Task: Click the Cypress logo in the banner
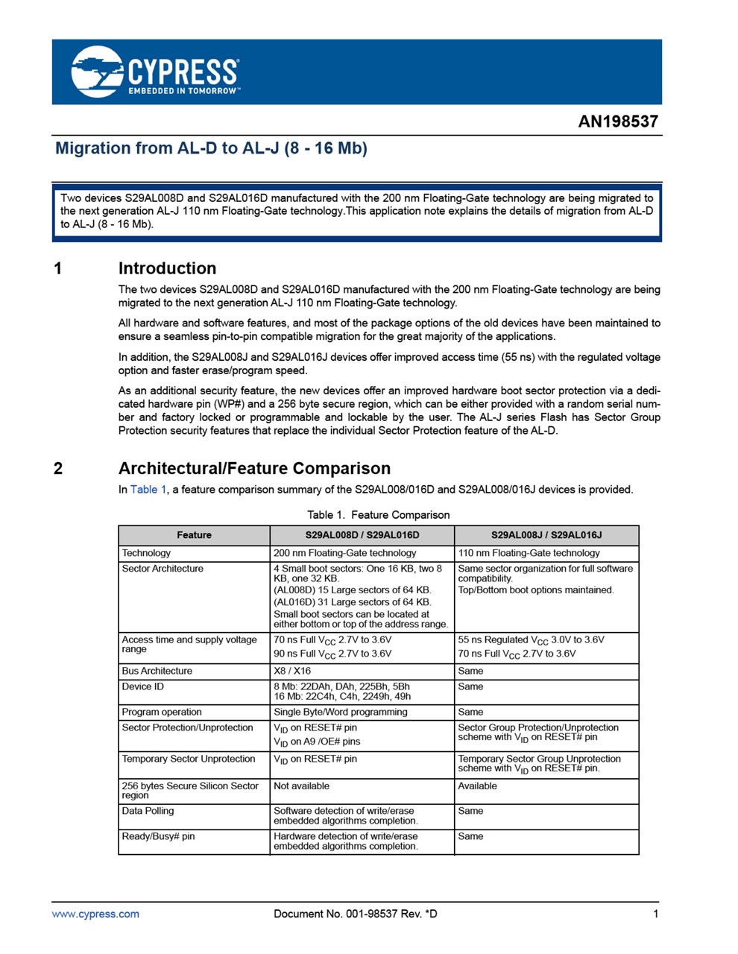[x=155, y=72]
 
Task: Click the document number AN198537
[x=618, y=121]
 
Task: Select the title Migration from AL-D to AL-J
[x=211, y=148]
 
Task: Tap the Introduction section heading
[x=167, y=268]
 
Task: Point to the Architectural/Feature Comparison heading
[x=254, y=468]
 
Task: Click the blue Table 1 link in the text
[x=148, y=490]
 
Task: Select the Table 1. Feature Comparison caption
[x=378, y=515]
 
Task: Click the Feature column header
[x=194, y=535]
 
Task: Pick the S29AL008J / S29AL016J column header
[x=546, y=535]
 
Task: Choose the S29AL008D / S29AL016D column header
[x=362, y=535]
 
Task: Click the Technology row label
[x=146, y=553]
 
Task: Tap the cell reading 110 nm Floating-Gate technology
[x=529, y=553]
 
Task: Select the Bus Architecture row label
[x=157, y=671]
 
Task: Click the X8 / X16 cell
[x=292, y=671]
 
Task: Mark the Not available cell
[x=301, y=786]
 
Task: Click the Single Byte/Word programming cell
[x=340, y=712]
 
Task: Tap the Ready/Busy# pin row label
[x=158, y=836]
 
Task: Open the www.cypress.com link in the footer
[x=95, y=914]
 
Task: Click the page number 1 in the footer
[x=655, y=914]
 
